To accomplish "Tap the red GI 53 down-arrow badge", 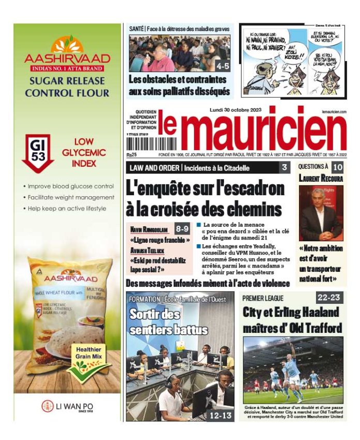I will tap(38, 152).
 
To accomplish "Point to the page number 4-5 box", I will tap(223, 66).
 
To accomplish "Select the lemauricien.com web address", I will tap(334, 111).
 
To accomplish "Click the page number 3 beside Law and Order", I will tap(284, 167).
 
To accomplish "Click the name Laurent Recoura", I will tap(321, 178).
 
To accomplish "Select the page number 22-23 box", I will tap(329, 297).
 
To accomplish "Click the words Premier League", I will tap(263, 298).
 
